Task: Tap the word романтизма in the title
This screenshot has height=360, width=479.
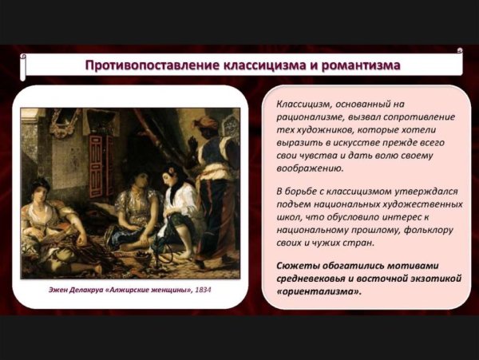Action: pos(355,63)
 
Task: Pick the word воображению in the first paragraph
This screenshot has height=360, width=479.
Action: pos(310,168)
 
